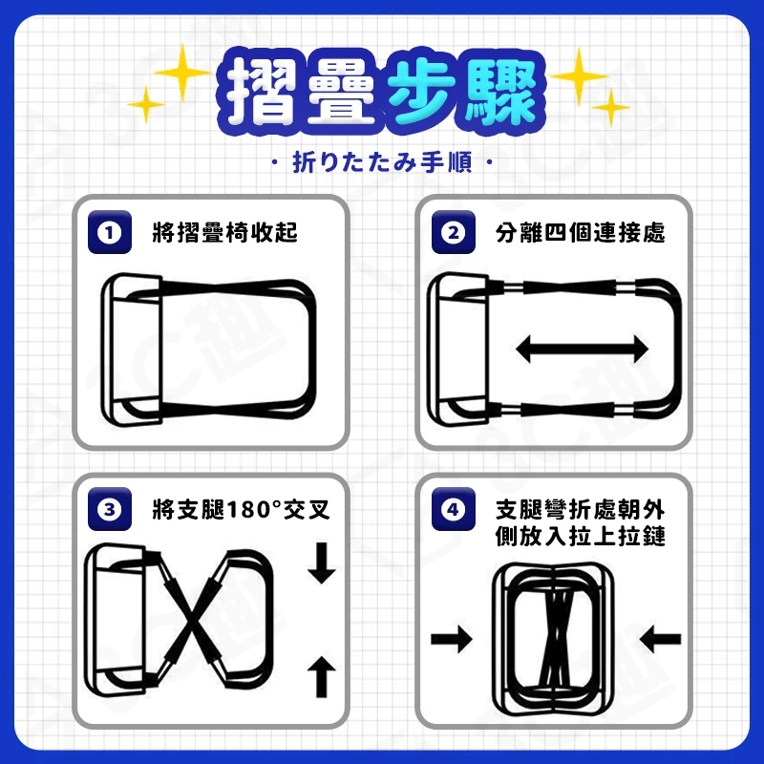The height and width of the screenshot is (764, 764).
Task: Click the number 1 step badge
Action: (110, 232)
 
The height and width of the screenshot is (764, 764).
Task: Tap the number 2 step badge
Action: (453, 232)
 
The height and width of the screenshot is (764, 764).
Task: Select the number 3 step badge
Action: (110, 509)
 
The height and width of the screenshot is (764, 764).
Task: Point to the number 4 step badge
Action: (453, 509)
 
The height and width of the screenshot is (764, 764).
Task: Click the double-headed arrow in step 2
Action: (583, 349)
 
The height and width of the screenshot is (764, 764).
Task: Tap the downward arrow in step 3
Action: (322, 562)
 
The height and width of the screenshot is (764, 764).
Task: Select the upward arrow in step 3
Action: (322, 677)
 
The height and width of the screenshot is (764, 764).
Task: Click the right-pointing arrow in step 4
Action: (452, 639)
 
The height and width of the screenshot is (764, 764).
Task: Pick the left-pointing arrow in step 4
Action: (660, 639)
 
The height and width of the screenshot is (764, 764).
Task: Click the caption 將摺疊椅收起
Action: (224, 232)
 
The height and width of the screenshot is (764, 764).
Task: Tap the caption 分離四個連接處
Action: (581, 232)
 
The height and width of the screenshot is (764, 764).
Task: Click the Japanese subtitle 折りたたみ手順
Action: (383, 162)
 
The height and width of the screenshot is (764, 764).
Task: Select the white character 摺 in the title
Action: (262, 91)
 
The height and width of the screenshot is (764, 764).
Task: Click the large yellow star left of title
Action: (182, 73)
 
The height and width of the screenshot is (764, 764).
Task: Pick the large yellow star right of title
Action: (579, 76)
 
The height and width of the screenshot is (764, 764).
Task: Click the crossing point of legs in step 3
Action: (193, 620)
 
